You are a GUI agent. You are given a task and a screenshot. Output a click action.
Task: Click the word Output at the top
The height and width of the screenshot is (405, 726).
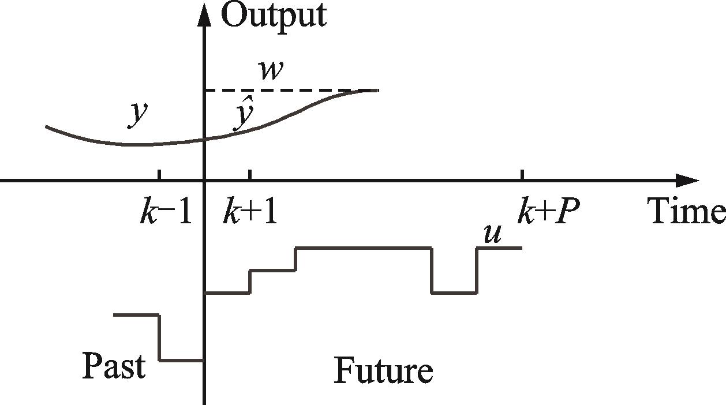[274, 16]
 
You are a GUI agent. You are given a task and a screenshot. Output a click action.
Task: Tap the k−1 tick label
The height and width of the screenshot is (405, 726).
[165, 212]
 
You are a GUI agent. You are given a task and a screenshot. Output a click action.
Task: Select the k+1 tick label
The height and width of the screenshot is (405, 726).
[250, 212]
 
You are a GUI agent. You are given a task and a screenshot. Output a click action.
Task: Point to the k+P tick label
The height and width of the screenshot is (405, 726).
[547, 212]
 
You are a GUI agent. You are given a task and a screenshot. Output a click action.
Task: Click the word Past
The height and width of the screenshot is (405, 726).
[113, 366]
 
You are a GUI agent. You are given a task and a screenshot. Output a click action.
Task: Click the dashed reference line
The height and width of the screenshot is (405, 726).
[289, 91]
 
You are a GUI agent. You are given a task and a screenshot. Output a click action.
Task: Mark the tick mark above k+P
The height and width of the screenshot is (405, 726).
[523, 175]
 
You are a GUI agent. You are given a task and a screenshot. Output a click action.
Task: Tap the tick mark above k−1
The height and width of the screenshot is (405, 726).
[159, 175]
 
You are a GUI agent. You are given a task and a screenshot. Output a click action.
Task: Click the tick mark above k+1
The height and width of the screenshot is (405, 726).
[250, 175]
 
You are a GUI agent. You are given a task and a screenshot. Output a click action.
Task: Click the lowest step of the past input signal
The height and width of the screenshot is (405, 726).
[181, 360]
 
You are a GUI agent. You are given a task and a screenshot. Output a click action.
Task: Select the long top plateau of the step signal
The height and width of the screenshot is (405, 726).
[364, 247]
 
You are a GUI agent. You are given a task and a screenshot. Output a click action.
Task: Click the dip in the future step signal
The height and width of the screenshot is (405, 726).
[454, 292]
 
